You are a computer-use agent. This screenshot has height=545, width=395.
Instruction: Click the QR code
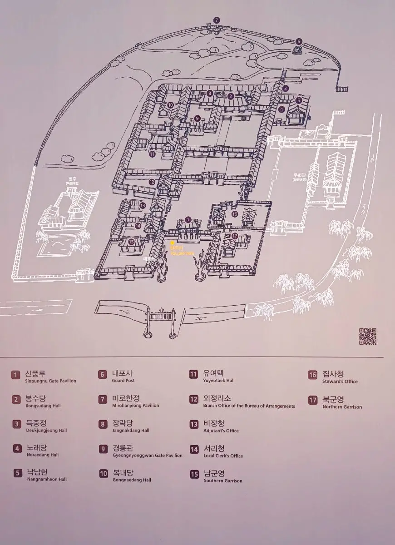coord(368,336)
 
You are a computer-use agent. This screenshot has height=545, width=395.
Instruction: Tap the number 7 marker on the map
coord(217,20)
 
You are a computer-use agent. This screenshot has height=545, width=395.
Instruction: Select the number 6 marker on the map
coord(299,41)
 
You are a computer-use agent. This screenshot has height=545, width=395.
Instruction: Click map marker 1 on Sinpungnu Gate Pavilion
coord(188,220)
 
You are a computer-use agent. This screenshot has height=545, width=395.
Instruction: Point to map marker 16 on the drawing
coord(234,214)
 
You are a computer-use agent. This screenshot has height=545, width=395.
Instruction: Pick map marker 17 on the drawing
coord(235,236)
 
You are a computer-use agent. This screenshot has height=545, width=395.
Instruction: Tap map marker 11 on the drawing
coord(152,154)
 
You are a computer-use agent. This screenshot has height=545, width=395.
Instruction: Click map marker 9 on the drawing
coord(197,119)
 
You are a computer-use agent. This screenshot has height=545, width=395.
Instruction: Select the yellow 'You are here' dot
coord(172,243)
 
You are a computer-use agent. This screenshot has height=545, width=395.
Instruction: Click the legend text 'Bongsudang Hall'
coord(43,406)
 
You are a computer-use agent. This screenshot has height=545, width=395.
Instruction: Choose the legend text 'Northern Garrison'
coord(342,407)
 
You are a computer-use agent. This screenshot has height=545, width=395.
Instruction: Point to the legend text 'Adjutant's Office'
coord(221,431)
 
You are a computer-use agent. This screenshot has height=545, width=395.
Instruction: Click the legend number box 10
coord(104,473)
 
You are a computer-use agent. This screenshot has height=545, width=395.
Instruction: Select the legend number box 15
coord(194,474)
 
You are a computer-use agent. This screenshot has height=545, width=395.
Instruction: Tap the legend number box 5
coord(18,473)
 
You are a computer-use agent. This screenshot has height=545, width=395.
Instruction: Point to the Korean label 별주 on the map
coord(72,179)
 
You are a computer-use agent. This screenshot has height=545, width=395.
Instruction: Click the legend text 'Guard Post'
coord(123,381)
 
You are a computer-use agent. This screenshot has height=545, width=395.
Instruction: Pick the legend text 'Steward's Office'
coord(340,381)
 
